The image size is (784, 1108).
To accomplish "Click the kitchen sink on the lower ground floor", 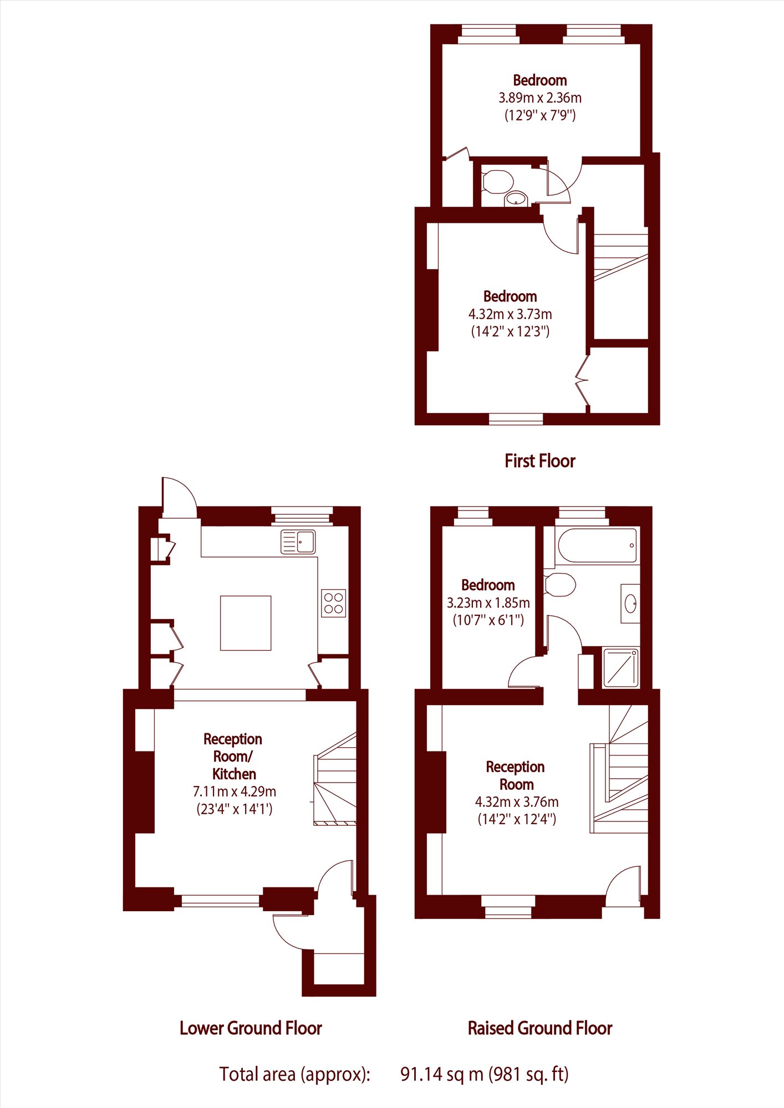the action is [x=298, y=542].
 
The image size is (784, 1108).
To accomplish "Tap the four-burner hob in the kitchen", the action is [x=333, y=603].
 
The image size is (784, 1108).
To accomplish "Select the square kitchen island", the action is [x=246, y=623].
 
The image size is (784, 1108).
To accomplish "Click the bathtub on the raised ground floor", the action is [x=597, y=546].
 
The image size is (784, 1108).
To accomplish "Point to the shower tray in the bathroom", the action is [x=620, y=667].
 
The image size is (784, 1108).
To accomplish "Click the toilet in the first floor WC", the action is [x=497, y=181].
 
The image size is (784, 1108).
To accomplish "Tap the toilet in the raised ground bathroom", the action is [x=560, y=585].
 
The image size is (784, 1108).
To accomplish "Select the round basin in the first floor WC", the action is [x=517, y=198].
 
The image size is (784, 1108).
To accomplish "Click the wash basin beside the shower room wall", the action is [x=630, y=603].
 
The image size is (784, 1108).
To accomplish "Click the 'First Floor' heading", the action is [x=540, y=461].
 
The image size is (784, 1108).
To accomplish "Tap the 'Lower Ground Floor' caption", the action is [x=251, y=1028].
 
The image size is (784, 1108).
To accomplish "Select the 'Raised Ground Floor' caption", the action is [x=540, y=1028].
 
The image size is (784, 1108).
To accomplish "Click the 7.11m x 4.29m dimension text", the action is [x=235, y=792].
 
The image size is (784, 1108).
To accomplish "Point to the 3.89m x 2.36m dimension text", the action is [x=540, y=98].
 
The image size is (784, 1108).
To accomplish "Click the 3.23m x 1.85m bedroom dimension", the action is [x=488, y=602].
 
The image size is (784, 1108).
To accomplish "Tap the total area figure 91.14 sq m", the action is [x=442, y=1074].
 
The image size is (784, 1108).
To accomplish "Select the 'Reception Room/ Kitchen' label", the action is [x=233, y=756].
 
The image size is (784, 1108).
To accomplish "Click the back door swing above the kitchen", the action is [x=179, y=497].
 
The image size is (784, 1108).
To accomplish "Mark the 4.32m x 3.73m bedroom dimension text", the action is [x=510, y=314].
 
